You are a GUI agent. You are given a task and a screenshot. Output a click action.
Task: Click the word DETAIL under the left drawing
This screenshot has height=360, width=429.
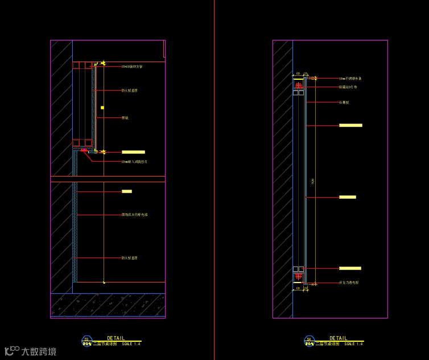tap(115, 338)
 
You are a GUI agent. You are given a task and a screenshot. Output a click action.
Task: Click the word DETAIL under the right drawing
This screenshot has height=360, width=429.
tap(338, 338)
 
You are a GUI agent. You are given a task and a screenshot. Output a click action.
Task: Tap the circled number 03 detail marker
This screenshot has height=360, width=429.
tap(86, 340)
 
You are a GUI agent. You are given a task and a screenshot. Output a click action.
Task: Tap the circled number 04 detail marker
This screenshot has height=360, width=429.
tap(310, 340)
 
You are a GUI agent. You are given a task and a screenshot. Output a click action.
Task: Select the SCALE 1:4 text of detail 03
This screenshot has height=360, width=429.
tap(131, 344)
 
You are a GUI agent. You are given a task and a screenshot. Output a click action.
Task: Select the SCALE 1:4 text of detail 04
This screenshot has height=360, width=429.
tap(353, 344)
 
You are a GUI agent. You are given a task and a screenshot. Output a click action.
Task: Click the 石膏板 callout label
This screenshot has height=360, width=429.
tap(344, 103)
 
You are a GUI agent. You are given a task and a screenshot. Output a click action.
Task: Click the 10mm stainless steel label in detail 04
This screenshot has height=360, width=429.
tap(350, 78)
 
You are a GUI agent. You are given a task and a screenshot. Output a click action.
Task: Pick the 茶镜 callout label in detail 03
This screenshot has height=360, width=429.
tap(125, 118)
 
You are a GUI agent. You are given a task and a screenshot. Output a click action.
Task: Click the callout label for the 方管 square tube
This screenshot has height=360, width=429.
tap(131, 67)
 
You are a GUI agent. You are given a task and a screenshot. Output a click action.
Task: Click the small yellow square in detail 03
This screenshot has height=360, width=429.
tap(102, 107)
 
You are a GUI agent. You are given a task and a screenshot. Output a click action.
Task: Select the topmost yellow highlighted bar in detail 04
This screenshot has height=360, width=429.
tap(350, 125)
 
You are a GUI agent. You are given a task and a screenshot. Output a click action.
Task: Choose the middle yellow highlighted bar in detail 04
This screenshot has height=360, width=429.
tap(347, 197)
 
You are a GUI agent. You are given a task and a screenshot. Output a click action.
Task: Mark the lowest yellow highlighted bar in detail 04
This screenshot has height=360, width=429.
tap(350, 268)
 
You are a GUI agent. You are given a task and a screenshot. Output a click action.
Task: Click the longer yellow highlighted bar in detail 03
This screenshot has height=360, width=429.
tap(133, 152)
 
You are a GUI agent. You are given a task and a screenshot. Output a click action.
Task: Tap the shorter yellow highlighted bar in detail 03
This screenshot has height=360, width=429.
tap(126, 191)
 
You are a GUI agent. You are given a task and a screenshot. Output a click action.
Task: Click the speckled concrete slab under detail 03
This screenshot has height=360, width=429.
tap(108, 305)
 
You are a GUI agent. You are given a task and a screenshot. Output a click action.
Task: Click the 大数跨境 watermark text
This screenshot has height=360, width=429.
tap(39, 351)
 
